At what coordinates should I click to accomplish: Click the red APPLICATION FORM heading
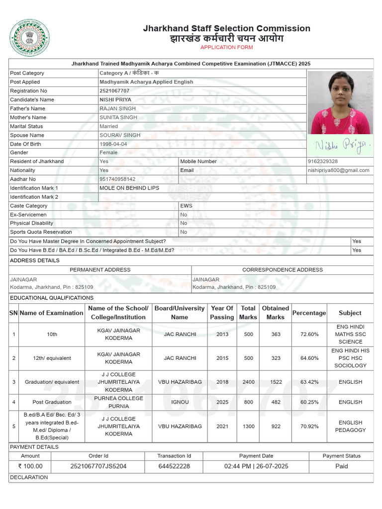226,47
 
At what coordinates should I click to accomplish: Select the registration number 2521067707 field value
114,91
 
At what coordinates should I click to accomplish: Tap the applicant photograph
340,102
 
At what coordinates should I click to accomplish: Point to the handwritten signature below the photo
340,145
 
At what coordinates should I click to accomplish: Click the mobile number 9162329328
322,162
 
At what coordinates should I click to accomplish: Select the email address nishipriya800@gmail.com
338,170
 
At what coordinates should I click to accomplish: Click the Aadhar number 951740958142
117,179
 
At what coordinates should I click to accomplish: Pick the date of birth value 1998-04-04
113,144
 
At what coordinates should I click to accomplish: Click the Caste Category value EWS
187,206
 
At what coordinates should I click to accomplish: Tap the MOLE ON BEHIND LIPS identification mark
129,188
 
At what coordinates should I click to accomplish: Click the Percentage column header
309,313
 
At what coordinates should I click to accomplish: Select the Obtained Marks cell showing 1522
276,382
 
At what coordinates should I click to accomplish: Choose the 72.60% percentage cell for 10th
309,335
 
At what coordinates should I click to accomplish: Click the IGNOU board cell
180,402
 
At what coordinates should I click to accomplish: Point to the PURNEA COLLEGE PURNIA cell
118,402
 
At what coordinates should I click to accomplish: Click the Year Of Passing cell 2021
222,426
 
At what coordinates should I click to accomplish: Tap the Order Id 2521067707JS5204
98,466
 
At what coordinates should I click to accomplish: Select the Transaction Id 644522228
174,466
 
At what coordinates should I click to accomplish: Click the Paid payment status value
341,466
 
